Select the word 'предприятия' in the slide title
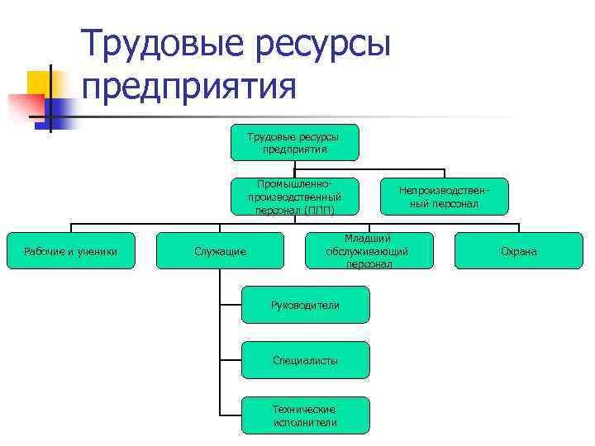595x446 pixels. click(188, 86)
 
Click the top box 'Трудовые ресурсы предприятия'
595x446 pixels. click(294, 142)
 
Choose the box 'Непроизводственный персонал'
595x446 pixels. click(445, 197)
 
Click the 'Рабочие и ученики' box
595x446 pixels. click(70, 251)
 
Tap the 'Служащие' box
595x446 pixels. click(220, 251)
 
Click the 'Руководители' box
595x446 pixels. click(305, 305)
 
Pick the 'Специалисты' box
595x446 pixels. click(305, 360)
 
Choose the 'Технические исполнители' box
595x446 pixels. click(305, 415)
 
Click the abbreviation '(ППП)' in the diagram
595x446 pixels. click(319, 210)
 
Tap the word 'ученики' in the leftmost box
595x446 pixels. click(97, 251)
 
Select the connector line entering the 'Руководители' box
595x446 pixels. click(231, 305)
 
